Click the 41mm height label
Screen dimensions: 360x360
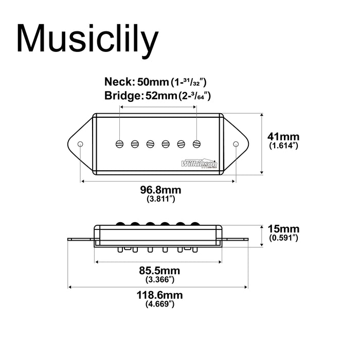(284, 137)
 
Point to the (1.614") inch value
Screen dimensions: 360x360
(284, 146)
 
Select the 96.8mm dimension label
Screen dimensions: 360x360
(161, 190)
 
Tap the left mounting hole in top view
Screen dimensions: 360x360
(81, 143)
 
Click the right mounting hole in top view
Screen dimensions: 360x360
(236, 143)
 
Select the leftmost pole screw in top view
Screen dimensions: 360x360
(120, 143)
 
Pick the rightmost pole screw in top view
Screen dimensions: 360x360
(197, 143)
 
